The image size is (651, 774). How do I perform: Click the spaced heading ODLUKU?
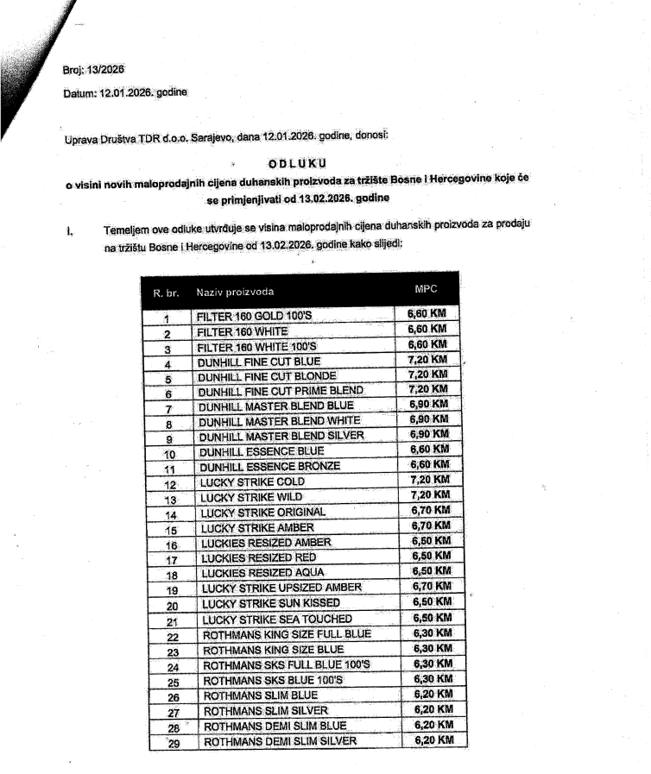click(x=298, y=162)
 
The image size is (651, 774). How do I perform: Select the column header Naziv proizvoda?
click(x=235, y=292)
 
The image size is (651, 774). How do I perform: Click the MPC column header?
click(x=427, y=287)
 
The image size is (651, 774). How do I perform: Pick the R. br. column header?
click(x=165, y=293)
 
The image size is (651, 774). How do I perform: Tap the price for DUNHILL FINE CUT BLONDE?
click(x=427, y=374)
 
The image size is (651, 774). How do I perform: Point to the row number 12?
click(x=169, y=484)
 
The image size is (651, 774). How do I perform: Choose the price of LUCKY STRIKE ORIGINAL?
click(x=428, y=510)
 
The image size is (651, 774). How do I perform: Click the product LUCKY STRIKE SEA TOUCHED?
click(x=277, y=620)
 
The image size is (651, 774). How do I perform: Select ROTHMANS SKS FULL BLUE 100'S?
click(x=286, y=665)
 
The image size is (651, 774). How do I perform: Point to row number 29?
click(x=174, y=743)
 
